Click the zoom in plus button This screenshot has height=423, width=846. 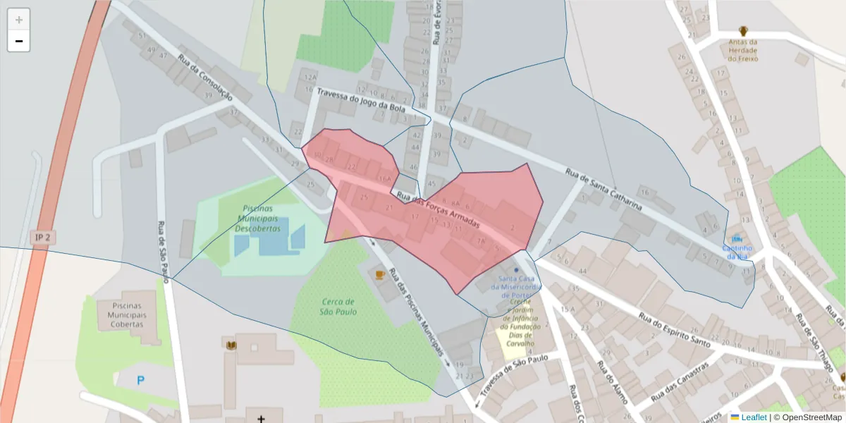[x=18, y=20]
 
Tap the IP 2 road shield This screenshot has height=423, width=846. [x=42, y=238]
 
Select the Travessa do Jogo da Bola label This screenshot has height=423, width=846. [x=361, y=103]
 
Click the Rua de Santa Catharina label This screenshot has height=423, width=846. [x=605, y=190]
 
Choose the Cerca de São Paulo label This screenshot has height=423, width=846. [x=338, y=306]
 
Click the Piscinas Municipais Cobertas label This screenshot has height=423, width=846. [x=127, y=315]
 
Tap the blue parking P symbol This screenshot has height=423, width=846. [x=140, y=380]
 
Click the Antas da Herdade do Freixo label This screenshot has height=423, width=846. [x=743, y=50]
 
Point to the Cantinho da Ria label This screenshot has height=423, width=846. [x=737, y=252]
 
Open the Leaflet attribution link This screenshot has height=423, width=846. [x=754, y=417]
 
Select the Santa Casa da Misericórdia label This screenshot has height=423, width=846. [x=516, y=283]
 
